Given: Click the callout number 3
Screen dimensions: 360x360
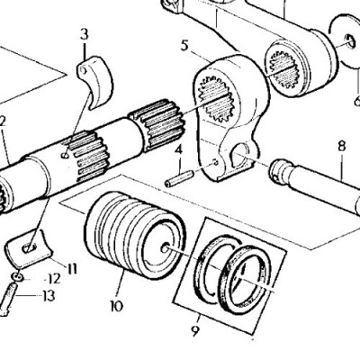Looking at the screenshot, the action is coord(85,34).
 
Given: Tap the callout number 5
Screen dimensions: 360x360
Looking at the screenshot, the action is coord(184,46).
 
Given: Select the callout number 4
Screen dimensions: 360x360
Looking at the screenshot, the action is coord(179,149).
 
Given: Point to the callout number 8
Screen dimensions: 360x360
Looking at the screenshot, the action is coord(341,147).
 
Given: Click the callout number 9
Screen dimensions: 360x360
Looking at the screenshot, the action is coord(195,331).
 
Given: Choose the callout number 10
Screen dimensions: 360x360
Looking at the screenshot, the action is coord(117,306).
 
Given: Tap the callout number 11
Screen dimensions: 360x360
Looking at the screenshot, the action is coord(71,268).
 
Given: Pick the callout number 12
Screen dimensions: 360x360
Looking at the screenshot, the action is coord(54,280).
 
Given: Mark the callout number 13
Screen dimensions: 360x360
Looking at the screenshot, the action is coord(49,296).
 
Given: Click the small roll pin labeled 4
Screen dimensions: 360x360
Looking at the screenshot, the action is coord(179,178).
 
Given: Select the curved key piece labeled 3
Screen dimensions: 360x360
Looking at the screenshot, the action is coord(96,80).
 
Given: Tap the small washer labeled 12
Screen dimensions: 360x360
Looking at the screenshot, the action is coord(18,276).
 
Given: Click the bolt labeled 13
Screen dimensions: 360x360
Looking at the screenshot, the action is coord(8,300).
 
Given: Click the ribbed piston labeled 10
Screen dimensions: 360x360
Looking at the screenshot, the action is coord(134,236).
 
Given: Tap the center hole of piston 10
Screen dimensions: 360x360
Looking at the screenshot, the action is coord(166,248).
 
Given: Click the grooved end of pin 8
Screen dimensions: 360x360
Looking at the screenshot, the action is coord(281,170).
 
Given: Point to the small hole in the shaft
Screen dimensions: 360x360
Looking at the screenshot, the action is coord(65,155).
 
